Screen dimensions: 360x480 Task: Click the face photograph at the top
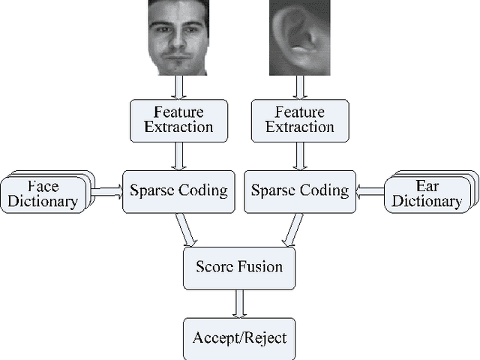point(178,37)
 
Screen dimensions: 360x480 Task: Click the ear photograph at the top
point(299,37)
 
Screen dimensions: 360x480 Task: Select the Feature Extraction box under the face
point(178,119)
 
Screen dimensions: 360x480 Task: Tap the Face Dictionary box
point(45,193)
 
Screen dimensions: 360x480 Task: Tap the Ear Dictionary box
point(427,193)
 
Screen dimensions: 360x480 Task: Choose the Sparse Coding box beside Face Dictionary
point(178,190)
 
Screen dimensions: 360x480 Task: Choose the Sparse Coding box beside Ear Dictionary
point(299,190)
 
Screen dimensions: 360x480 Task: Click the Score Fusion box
point(239,267)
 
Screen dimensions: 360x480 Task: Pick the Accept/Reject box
point(239,337)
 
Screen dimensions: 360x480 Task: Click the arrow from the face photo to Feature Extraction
point(178,87)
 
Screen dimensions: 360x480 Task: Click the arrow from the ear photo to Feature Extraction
point(299,87)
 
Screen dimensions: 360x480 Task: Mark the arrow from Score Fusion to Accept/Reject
point(239,303)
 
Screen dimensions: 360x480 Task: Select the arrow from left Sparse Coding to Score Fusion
point(186,229)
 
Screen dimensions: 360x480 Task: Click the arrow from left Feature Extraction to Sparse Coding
point(178,155)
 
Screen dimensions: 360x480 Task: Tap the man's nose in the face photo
point(178,43)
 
